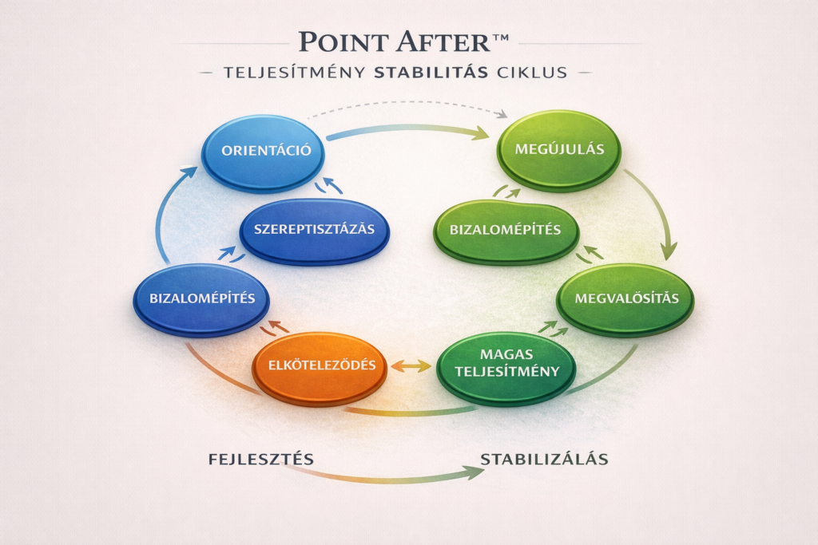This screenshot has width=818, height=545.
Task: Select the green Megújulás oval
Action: [558, 150]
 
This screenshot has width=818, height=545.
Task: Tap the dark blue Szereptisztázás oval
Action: [314, 230]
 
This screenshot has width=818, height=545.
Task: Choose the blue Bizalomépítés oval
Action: [201, 300]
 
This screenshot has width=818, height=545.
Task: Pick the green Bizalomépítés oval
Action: [506, 231]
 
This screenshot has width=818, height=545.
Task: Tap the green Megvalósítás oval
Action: [625, 299]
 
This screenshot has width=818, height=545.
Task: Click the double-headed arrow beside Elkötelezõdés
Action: [410, 366]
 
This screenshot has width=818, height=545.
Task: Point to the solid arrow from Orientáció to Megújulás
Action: [407, 130]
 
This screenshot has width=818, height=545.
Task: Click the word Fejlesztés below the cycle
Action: [260, 460]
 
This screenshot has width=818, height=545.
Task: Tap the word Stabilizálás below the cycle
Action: [545, 460]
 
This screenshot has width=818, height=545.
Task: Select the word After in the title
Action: [447, 41]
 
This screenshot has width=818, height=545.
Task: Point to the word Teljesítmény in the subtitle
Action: [298, 73]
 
